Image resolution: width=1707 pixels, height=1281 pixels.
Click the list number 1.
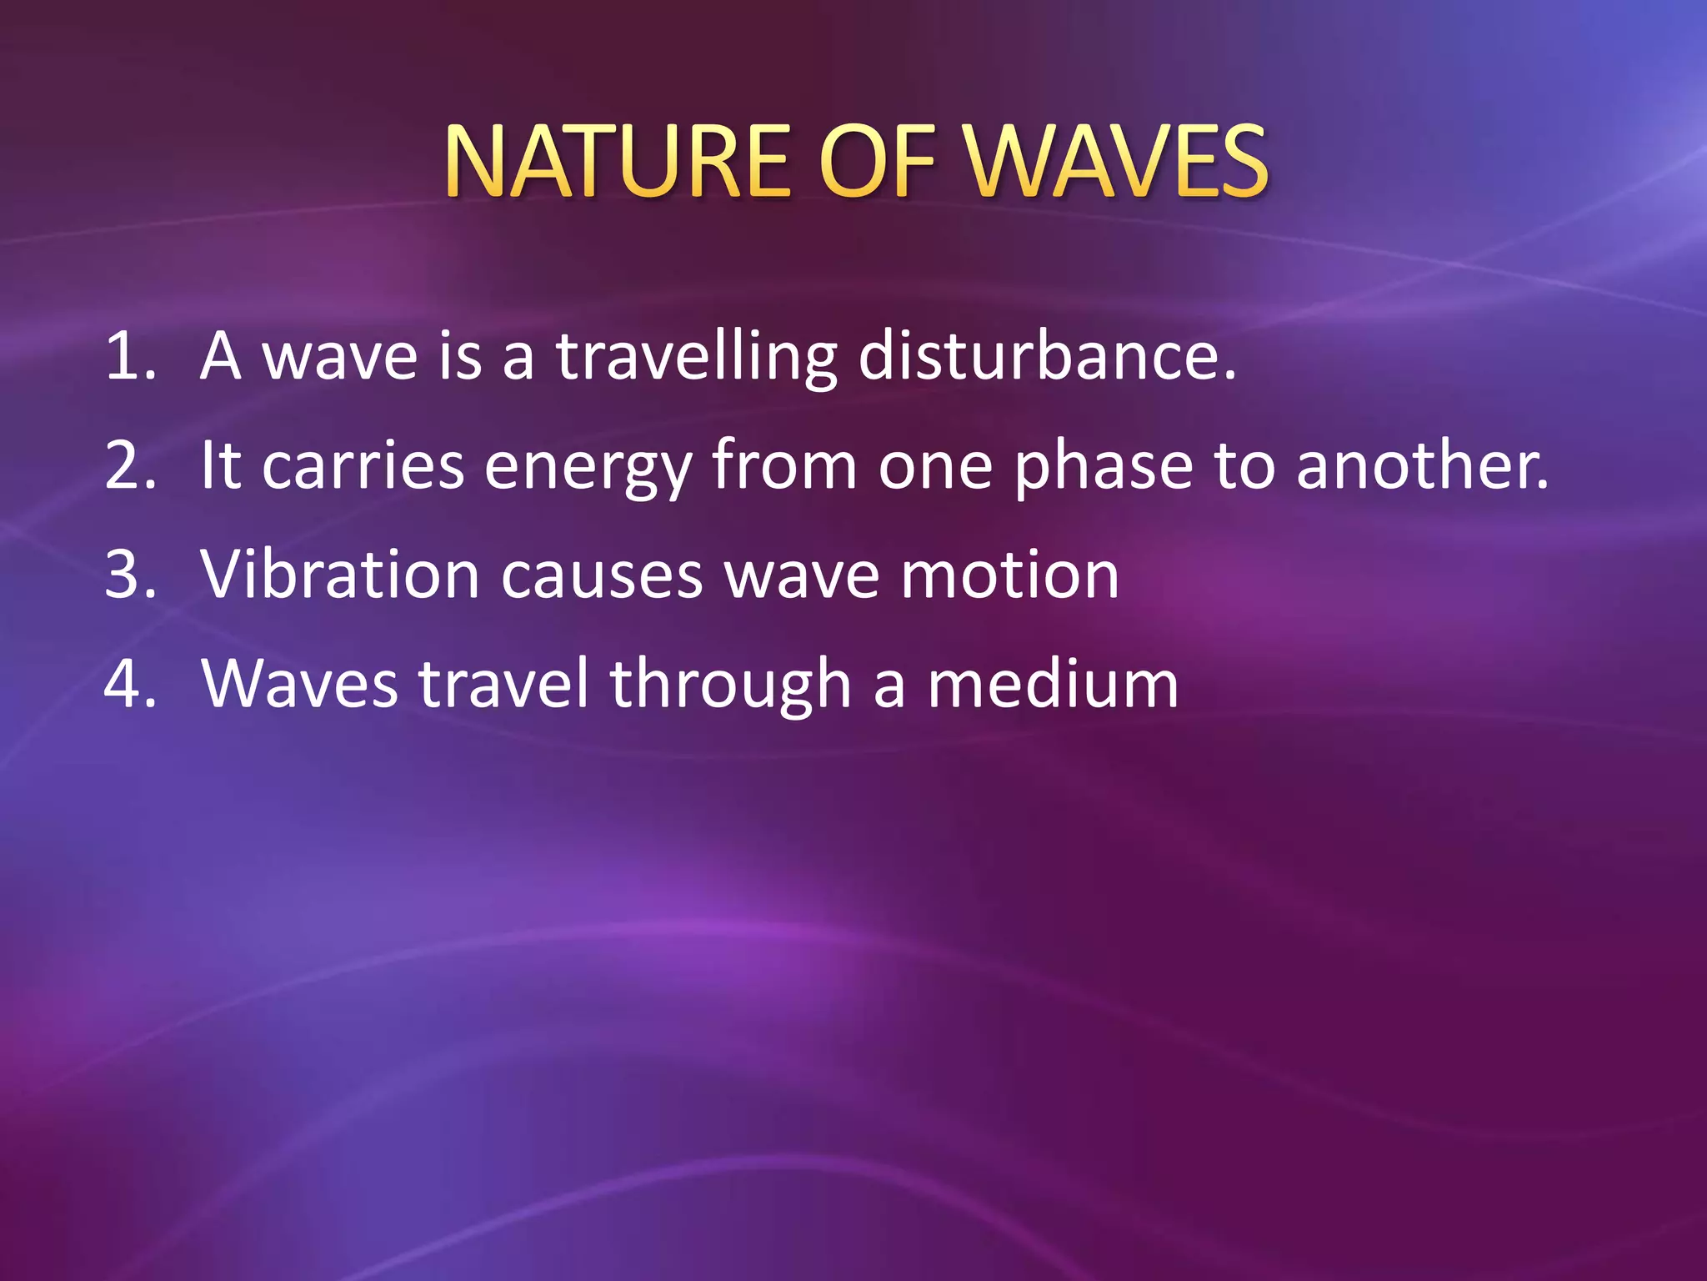click(129, 357)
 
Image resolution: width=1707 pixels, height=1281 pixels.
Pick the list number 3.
click(129, 575)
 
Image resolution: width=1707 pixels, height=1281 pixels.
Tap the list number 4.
click(129, 684)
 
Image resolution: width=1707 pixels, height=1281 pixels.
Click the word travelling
click(697, 357)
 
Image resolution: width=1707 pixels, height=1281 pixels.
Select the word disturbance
click(1047, 357)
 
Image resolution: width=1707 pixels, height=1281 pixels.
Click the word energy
click(588, 467)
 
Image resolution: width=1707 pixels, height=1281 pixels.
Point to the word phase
click(1104, 467)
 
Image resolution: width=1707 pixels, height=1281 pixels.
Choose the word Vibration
click(340, 575)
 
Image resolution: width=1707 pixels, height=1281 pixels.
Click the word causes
click(602, 576)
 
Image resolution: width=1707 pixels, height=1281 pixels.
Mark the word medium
click(1053, 684)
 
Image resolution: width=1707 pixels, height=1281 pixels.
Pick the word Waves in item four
click(300, 684)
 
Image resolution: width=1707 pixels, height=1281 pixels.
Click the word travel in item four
click(503, 684)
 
